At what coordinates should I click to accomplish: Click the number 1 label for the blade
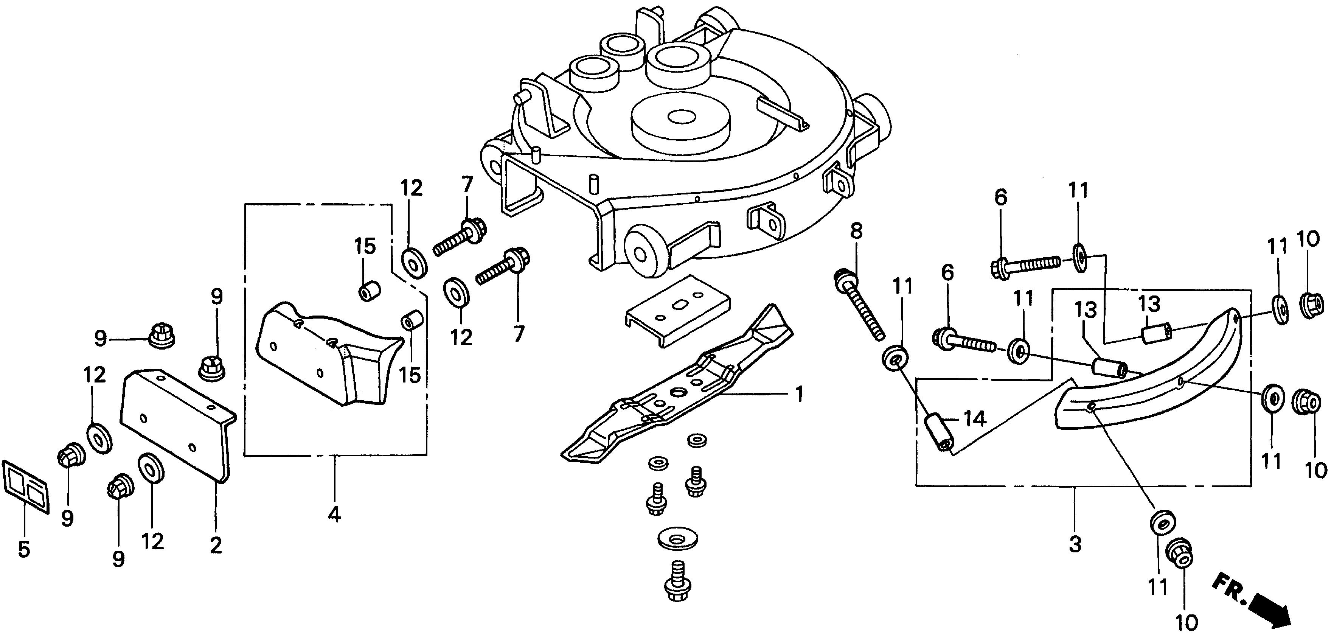[799, 394]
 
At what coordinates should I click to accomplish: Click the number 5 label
[24, 549]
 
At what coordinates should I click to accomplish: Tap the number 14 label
[975, 418]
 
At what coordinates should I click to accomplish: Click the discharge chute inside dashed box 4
[331, 354]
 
